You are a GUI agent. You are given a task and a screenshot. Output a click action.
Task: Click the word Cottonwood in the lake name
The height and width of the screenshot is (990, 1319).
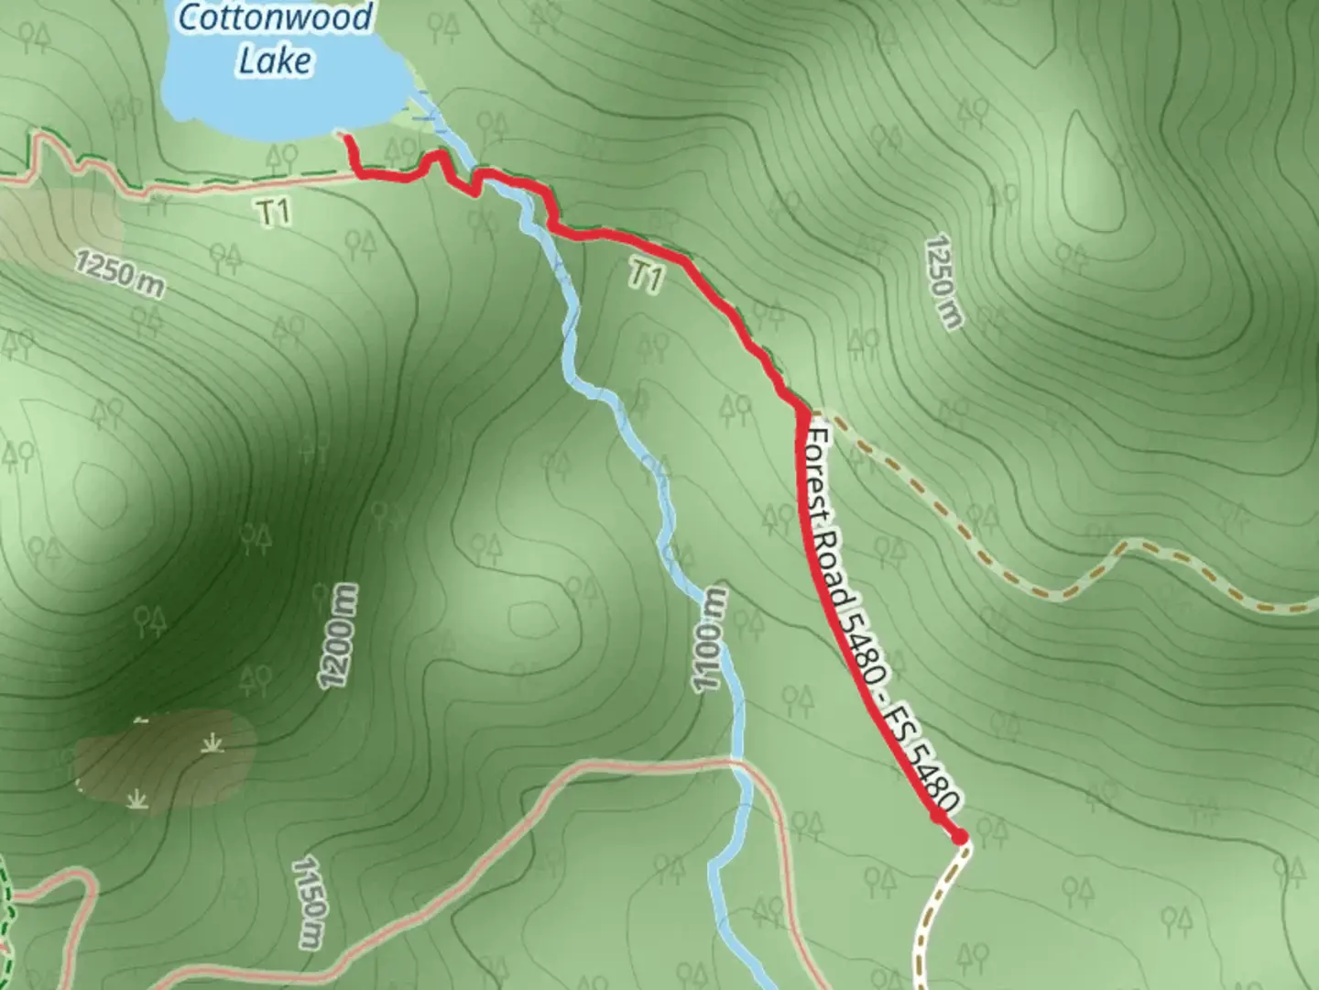click(275, 17)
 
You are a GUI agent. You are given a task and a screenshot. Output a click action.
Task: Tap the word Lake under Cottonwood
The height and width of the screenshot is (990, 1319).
click(275, 60)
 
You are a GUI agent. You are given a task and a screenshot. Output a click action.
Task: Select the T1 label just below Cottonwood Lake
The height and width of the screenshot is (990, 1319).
click(274, 213)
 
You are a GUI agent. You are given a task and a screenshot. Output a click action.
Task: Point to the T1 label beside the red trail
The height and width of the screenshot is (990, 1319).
click(646, 275)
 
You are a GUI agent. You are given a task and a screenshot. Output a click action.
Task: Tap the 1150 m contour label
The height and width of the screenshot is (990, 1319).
click(309, 902)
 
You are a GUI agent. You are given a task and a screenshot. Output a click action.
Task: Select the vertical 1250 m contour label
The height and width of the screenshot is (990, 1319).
click(944, 281)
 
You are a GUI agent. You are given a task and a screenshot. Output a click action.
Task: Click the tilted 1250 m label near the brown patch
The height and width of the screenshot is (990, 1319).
click(120, 273)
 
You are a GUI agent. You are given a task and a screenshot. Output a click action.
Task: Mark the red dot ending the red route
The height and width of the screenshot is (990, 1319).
click(959, 836)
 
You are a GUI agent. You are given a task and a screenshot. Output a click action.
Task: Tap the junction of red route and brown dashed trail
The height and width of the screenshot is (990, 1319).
click(806, 409)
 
